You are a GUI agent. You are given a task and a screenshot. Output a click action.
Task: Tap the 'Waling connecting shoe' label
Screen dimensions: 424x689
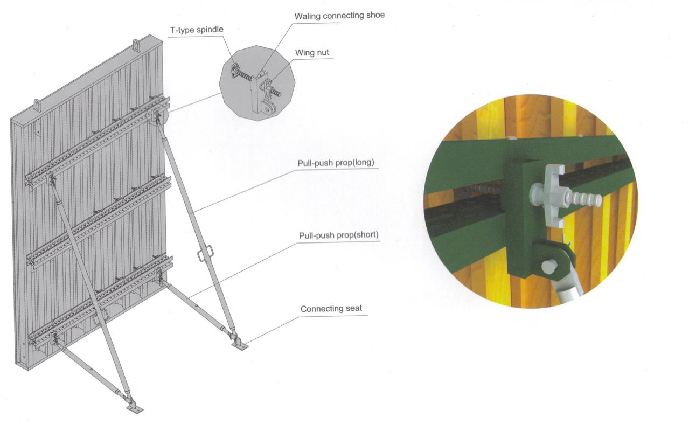click(x=339, y=15)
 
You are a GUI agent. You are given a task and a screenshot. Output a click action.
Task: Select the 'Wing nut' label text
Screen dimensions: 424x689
click(x=312, y=53)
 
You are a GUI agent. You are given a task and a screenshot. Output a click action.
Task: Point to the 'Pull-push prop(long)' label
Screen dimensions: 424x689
click(x=336, y=162)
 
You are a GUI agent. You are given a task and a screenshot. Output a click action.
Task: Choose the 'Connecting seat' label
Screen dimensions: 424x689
click(x=331, y=309)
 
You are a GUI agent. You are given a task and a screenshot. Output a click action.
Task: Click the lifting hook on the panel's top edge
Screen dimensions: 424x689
click(x=137, y=45)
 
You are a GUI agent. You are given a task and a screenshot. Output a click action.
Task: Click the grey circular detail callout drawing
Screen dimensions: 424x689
click(x=259, y=83)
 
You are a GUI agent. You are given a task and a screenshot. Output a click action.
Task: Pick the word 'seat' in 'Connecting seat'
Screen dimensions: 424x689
click(x=353, y=309)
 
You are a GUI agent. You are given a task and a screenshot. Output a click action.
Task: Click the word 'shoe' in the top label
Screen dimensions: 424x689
click(x=375, y=15)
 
